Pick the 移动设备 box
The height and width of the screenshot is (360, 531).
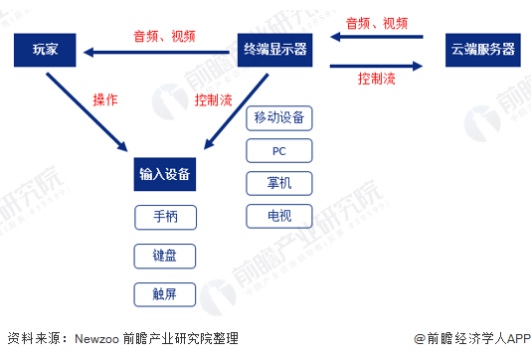(x=278, y=119)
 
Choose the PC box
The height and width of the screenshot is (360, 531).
(x=278, y=151)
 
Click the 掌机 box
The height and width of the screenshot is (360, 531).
(x=278, y=183)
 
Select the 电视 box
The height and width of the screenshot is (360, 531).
(x=278, y=215)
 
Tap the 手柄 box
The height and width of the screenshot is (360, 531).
(x=164, y=216)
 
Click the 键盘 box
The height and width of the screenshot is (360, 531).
(x=164, y=255)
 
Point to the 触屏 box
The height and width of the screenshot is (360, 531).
(x=164, y=293)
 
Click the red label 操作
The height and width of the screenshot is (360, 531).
(x=105, y=99)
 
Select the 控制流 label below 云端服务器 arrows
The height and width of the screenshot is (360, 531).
(x=378, y=77)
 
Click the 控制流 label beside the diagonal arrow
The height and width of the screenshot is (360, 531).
(x=215, y=99)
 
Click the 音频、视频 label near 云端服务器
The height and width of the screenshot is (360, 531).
(x=378, y=22)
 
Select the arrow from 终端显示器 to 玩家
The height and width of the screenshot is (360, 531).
(x=159, y=50)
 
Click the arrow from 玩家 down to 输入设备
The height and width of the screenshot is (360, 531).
(x=94, y=109)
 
